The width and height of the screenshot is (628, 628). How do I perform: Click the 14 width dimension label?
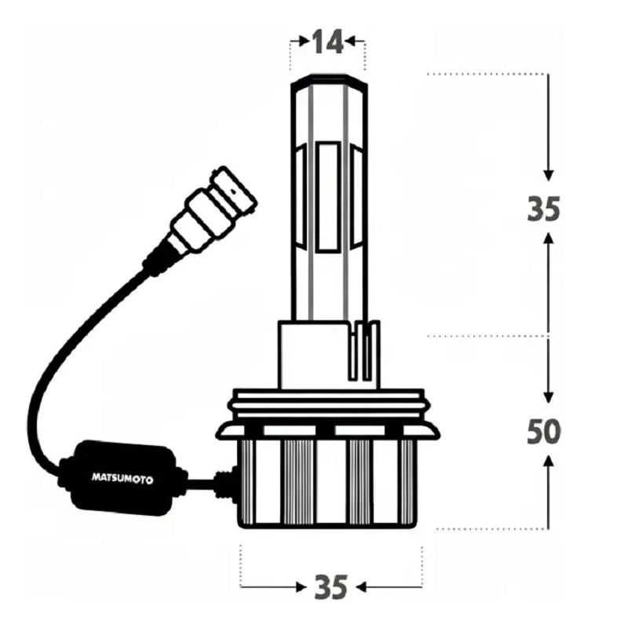(327, 42)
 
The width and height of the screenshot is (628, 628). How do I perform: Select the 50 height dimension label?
(543, 432)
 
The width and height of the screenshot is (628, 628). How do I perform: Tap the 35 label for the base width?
(330, 587)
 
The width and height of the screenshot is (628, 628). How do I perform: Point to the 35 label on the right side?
(543, 210)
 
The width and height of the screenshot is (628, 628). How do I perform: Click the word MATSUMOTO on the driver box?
(122, 479)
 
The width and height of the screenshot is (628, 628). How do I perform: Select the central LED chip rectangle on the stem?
(328, 198)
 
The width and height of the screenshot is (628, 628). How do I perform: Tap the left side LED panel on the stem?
(301, 196)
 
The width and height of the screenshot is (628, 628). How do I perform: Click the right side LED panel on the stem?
(356, 196)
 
